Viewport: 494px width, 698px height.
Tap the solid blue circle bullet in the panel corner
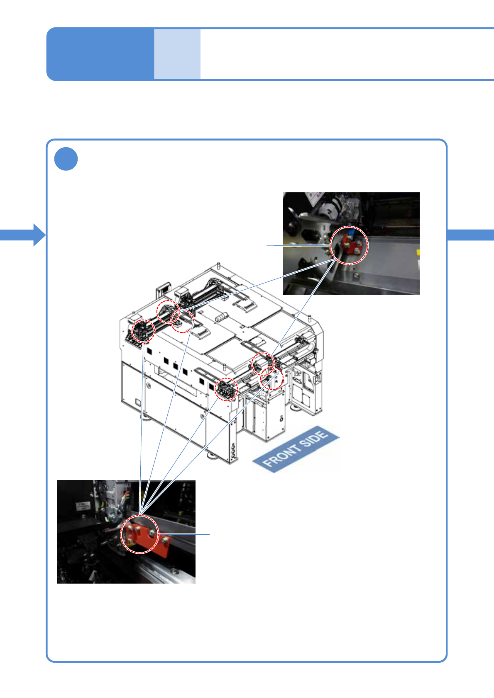pos(66,159)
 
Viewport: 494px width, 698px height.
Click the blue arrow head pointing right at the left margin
pos(39,235)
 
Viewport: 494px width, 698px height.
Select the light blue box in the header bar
pos(177,54)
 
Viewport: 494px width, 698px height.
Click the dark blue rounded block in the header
pos(100,54)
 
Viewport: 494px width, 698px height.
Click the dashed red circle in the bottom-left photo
pos(140,534)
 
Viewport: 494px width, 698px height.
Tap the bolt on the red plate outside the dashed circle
pos(166,540)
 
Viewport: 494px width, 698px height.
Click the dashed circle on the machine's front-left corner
pos(227,389)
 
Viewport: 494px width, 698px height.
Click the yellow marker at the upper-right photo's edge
pos(418,252)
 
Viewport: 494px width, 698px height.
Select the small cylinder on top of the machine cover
pos(220,318)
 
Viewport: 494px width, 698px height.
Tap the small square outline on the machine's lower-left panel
pos(138,402)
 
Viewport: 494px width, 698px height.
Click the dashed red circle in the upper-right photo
pos(349,245)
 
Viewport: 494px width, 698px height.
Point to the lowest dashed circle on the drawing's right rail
pos(272,378)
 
